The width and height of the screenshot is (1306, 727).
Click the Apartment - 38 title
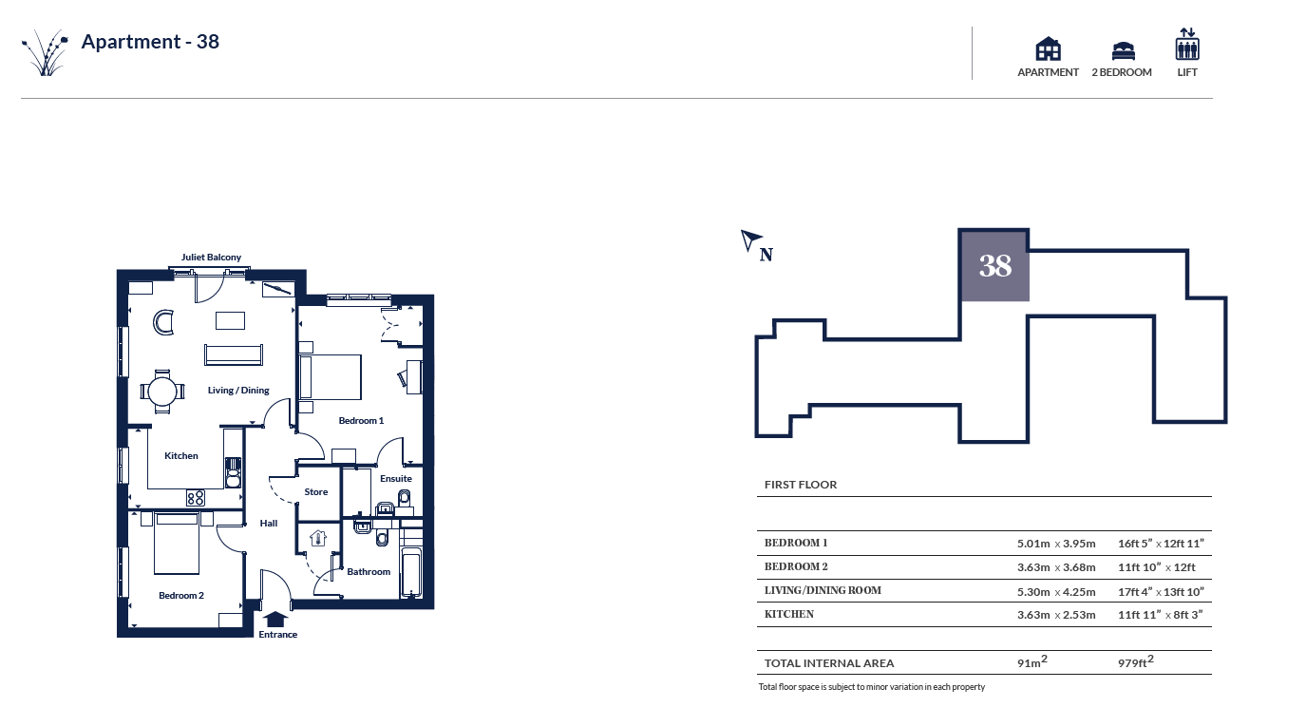click(150, 42)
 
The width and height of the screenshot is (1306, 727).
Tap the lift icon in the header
click(1187, 44)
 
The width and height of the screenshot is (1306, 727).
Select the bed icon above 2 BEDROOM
click(1123, 50)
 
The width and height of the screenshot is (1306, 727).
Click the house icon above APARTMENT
click(1048, 48)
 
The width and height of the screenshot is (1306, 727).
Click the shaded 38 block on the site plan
click(994, 266)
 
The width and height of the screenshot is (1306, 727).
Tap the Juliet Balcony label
click(211, 258)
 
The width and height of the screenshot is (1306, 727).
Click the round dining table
click(162, 391)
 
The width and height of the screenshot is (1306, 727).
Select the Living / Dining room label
click(238, 391)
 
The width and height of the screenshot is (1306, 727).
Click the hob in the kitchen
click(196, 498)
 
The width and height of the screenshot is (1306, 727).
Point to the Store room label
click(316, 492)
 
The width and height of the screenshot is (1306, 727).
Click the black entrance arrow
click(274, 619)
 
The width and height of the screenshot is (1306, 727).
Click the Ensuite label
click(396, 478)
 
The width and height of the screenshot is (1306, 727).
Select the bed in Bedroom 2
click(177, 543)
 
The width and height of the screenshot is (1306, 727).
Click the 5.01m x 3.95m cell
click(1056, 544)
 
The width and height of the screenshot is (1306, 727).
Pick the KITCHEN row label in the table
click(789, 615)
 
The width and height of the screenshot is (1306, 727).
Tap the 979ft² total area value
click(1135, 661)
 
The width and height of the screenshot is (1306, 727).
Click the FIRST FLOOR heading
click(801, 485)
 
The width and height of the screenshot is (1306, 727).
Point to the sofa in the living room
click(234, 354)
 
